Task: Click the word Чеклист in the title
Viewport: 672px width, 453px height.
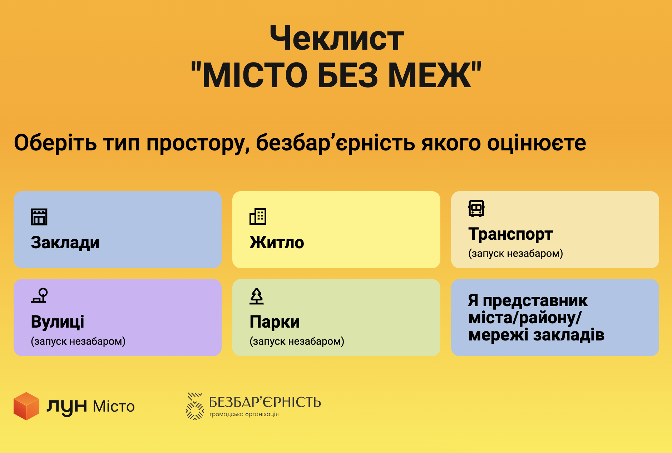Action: pos(337,38)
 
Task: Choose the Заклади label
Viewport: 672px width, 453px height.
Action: pos(65,243)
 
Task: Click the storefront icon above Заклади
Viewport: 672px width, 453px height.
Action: pos(39,216)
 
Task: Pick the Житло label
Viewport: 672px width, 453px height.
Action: pos(277,243)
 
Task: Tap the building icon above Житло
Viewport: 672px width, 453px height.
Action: pos(258,216)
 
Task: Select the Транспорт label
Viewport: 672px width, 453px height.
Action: pos(510,234)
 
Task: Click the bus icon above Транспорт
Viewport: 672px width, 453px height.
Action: pos(476,208)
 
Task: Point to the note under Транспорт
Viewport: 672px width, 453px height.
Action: pos(515,253)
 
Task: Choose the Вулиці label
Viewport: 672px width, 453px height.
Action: pos(58,322)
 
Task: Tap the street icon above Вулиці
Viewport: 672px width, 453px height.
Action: pos(39,296)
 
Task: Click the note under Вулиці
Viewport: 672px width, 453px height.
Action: pos(78,341)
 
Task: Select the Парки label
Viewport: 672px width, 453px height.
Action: pos(275,322)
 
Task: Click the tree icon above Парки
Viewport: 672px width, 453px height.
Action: pos(257,296)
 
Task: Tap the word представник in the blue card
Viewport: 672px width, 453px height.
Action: pos(535,301)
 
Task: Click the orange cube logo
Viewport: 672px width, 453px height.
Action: pos(26,406)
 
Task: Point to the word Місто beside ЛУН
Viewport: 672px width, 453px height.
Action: pos(114,407)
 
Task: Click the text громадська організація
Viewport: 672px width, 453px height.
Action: pos(244,414)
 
